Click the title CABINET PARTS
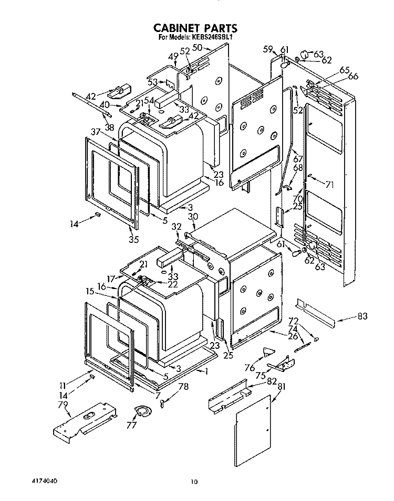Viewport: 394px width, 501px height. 195,28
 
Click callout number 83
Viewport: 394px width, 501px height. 362,316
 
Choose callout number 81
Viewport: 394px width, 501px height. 281,387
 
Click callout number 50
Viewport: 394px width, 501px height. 198,48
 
